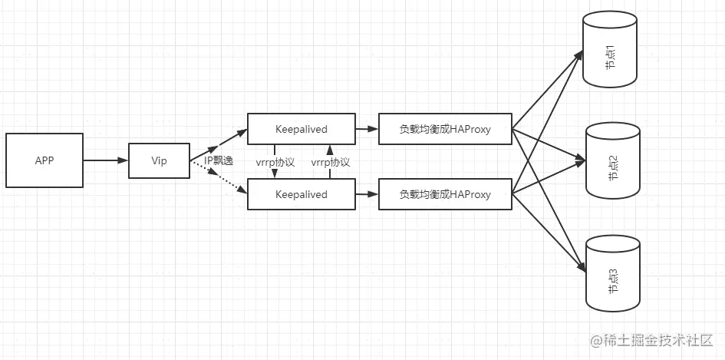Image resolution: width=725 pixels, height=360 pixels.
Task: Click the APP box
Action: pos(44,160)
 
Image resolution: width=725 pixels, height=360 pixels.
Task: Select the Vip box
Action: pos(159,160)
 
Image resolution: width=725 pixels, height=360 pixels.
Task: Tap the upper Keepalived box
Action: pos(301,129)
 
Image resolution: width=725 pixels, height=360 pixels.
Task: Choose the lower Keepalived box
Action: pos(301,194)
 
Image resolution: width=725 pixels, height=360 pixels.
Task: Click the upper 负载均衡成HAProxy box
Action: pos(445,129)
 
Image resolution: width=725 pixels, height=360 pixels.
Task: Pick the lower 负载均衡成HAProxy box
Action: pos(445,194)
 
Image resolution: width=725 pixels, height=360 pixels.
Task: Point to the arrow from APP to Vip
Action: pos(104,160)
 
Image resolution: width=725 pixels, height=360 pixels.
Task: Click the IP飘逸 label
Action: pos(218,161)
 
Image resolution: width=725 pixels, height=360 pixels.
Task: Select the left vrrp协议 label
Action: pos(275,162)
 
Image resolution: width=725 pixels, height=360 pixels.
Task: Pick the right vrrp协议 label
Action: pos(330,162)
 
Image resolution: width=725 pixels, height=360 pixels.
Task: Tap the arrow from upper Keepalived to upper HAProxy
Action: pos(366,129)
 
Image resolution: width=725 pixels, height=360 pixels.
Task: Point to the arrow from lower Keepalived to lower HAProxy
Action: pos(366,194)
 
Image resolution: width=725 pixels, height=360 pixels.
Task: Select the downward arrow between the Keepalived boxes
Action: pos(274,172)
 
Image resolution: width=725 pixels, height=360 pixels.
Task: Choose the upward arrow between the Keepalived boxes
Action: pos(328,150)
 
